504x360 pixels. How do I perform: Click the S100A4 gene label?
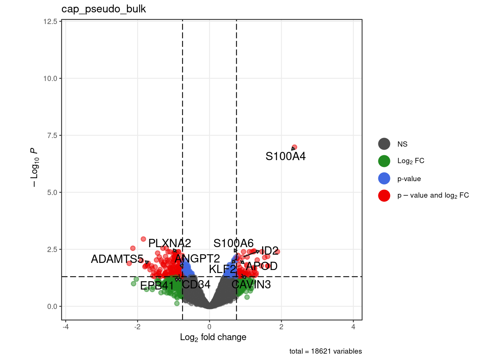(x=285, y=156)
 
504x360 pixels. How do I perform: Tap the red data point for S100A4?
(x=294, y=147)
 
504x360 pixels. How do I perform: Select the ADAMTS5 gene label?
(x=117, y=259)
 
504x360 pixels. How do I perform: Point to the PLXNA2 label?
(x=169, y=243)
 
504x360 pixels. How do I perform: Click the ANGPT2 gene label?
(x=197, y=258)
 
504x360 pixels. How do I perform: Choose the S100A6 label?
(x=233, y=243)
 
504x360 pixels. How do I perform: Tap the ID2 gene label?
(x=270, y=250)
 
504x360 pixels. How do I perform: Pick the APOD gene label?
(x=262, y=266)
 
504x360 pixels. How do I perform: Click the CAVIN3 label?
(x=251, y=284)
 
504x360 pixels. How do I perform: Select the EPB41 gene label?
(x=157, y=285)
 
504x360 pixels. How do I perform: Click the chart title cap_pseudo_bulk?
(x=103, y=9)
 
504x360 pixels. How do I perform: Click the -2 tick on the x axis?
(x=137, y=327)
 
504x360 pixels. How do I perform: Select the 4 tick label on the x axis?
(x=353, y=327)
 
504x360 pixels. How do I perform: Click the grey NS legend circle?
(x=384, y=144)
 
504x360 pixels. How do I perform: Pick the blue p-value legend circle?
(x=384, y=178)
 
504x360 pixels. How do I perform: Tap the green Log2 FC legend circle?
(x=384, y=161)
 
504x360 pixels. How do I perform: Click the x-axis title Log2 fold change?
(x=213, y=337)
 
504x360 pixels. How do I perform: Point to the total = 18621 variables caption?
(x=325, y=351)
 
